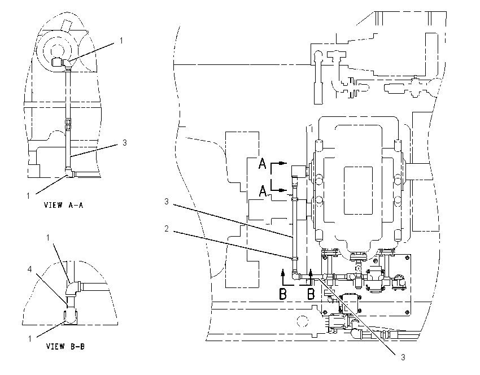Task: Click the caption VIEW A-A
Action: point(63,205)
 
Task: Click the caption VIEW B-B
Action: point(65,346)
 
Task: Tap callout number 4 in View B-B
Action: point(30,269)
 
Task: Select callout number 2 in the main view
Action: point(167,229)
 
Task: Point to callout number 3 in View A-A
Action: point(125,143)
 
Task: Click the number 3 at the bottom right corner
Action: point(403,357)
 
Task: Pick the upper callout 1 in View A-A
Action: point(121,41)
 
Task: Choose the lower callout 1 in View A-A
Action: point(28,195)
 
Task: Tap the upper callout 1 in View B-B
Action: point(48,238)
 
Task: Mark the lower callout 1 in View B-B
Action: point(30,339)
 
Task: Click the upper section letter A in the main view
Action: point(263,163)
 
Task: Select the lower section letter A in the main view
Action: point(263,191)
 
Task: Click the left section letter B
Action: point(283,294)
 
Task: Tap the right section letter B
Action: point(311,294)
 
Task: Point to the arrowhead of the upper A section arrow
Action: point(284,163)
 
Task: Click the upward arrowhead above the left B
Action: point(283,272)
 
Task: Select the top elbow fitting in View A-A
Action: point(67,63)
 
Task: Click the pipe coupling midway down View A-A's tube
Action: point(68,125)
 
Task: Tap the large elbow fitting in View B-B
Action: point(72,290)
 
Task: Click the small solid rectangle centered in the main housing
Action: point(358,190)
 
